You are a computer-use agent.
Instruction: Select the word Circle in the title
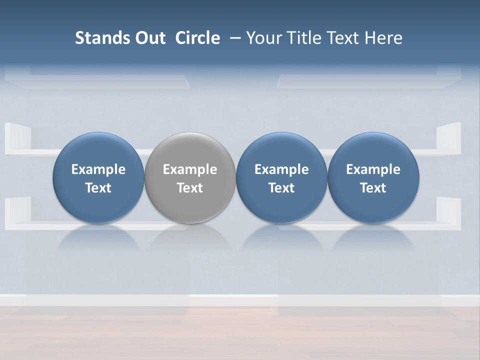[x=197, y=38]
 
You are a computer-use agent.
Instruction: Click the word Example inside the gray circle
[x=190, y=169]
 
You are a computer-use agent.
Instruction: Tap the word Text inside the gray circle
[x=190, y=188]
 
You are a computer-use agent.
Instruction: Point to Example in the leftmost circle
[x=98, y=169]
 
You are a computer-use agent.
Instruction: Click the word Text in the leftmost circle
[x=98, y=188]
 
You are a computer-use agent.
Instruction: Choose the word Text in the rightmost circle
[x=373, y=188]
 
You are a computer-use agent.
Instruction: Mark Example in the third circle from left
[x=281, y=169]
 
